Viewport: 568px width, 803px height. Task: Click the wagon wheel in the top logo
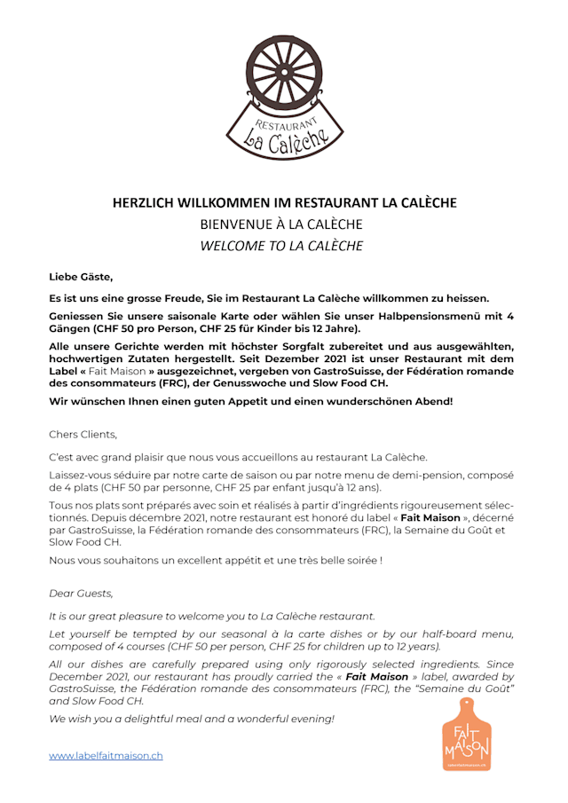[283, 70]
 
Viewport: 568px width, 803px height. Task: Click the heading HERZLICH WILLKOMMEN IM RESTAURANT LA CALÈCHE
[284, 202]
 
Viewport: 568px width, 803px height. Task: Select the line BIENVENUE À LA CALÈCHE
[281, 224]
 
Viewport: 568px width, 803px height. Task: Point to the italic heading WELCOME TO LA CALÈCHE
[281, 246]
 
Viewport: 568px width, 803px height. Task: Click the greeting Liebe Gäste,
[81, 277]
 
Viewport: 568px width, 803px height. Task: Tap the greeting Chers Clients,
[83, 435]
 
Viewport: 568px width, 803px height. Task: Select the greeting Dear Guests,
[81, 593]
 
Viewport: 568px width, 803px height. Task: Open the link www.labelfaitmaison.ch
[106, 756]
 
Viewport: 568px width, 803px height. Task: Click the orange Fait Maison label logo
[467, 734]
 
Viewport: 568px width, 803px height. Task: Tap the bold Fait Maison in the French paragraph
[422, 517]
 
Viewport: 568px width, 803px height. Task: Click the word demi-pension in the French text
[399, 475]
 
